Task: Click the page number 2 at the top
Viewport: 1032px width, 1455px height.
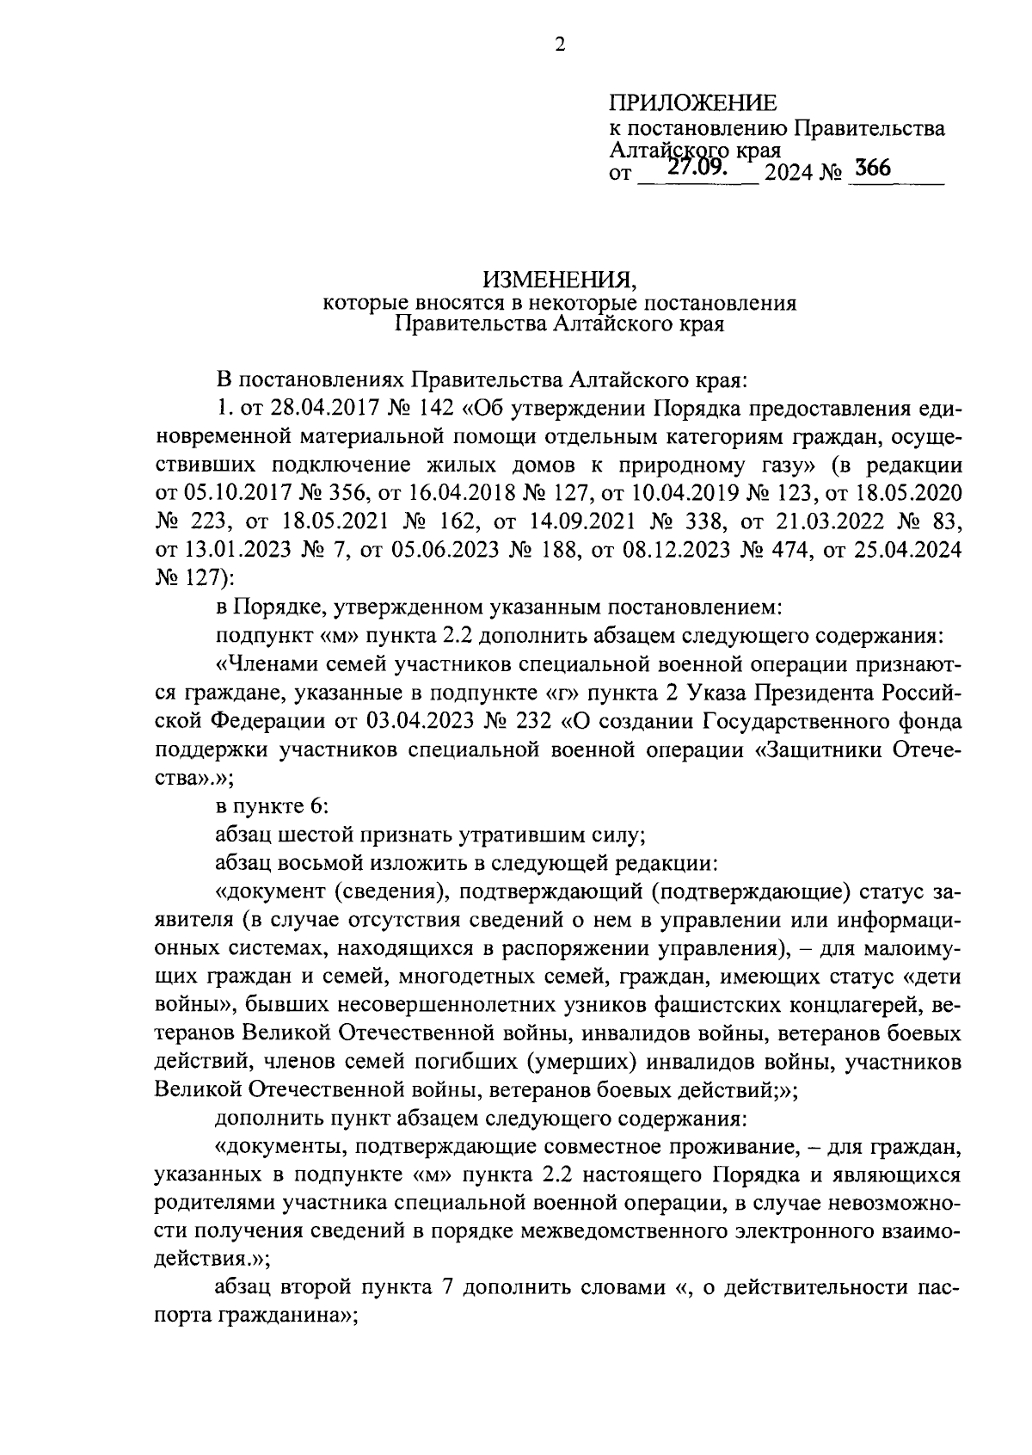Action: tap(559, 46)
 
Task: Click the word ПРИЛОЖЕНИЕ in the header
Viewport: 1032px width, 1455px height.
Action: tap(692, 104)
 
